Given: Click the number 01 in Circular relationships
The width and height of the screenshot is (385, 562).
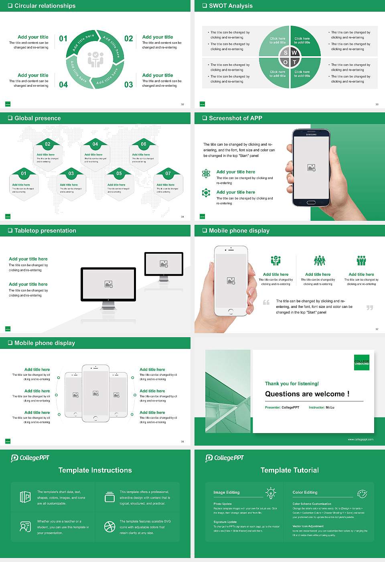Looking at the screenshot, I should [x=63, y=39].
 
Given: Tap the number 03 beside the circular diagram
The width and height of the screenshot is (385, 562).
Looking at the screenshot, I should [x=128, y=85].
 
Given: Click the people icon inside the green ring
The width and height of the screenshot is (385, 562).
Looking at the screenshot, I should [x=95, y=59].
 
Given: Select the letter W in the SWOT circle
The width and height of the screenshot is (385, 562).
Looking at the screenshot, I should [x=294, y=53].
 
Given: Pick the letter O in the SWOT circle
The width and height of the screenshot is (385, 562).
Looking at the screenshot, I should [x=286, y=62].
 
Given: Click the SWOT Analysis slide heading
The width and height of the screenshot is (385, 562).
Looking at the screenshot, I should [x=231, y=6].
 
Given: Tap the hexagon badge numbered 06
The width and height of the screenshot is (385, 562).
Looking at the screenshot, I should [x=144, y=144].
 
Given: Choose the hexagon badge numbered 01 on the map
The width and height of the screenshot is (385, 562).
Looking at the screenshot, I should [x=24, y=173].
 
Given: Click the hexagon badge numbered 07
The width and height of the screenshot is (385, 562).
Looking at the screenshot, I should [x=168, y=173].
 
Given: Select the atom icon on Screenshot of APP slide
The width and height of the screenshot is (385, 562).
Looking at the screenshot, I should [x=206, y=173].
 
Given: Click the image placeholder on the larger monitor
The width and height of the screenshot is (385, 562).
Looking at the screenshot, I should [x=108, y=284].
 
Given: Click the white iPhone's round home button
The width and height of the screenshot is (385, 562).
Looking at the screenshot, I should [x=231, y=312].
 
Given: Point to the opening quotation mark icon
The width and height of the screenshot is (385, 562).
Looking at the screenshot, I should [x=266, y=302].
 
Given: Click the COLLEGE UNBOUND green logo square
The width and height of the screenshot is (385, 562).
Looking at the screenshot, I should [x=361, y=362].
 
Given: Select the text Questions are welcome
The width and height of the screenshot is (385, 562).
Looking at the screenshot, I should [x=307, y=394].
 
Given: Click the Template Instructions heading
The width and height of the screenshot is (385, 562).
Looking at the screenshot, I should [x=95, y=470].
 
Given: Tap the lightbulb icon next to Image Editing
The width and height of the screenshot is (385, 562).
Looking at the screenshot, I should [x=271, y=493].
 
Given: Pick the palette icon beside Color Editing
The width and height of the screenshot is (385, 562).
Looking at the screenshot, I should [x=362, y=493].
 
